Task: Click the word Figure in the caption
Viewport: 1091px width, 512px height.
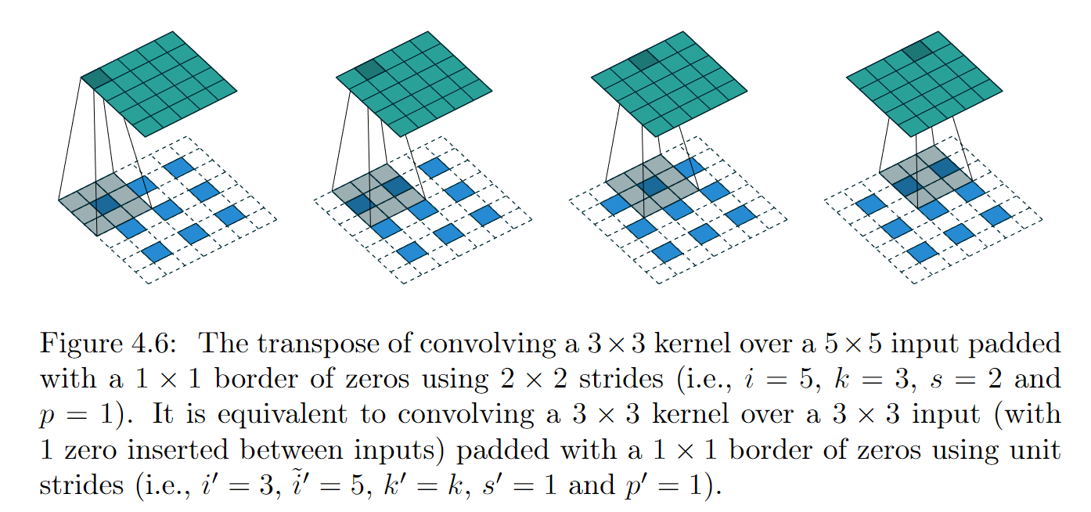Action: pyautogui.click(x=81, y=344)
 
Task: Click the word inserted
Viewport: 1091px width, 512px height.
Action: pyautogui.click(x=178, y=449)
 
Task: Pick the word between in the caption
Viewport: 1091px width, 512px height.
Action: pyautogui.click(x=291, y=449)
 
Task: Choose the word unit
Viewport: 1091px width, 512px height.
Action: pyautogui.click(x=1035, y=449)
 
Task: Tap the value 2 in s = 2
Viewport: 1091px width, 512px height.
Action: pyautogui.click(x=995, y=378)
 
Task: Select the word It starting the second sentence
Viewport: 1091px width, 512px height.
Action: pyautogui.click(x=163, y=414)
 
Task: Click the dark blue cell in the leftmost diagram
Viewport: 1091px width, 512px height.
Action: pyautogui.click(x=108, y=204)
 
